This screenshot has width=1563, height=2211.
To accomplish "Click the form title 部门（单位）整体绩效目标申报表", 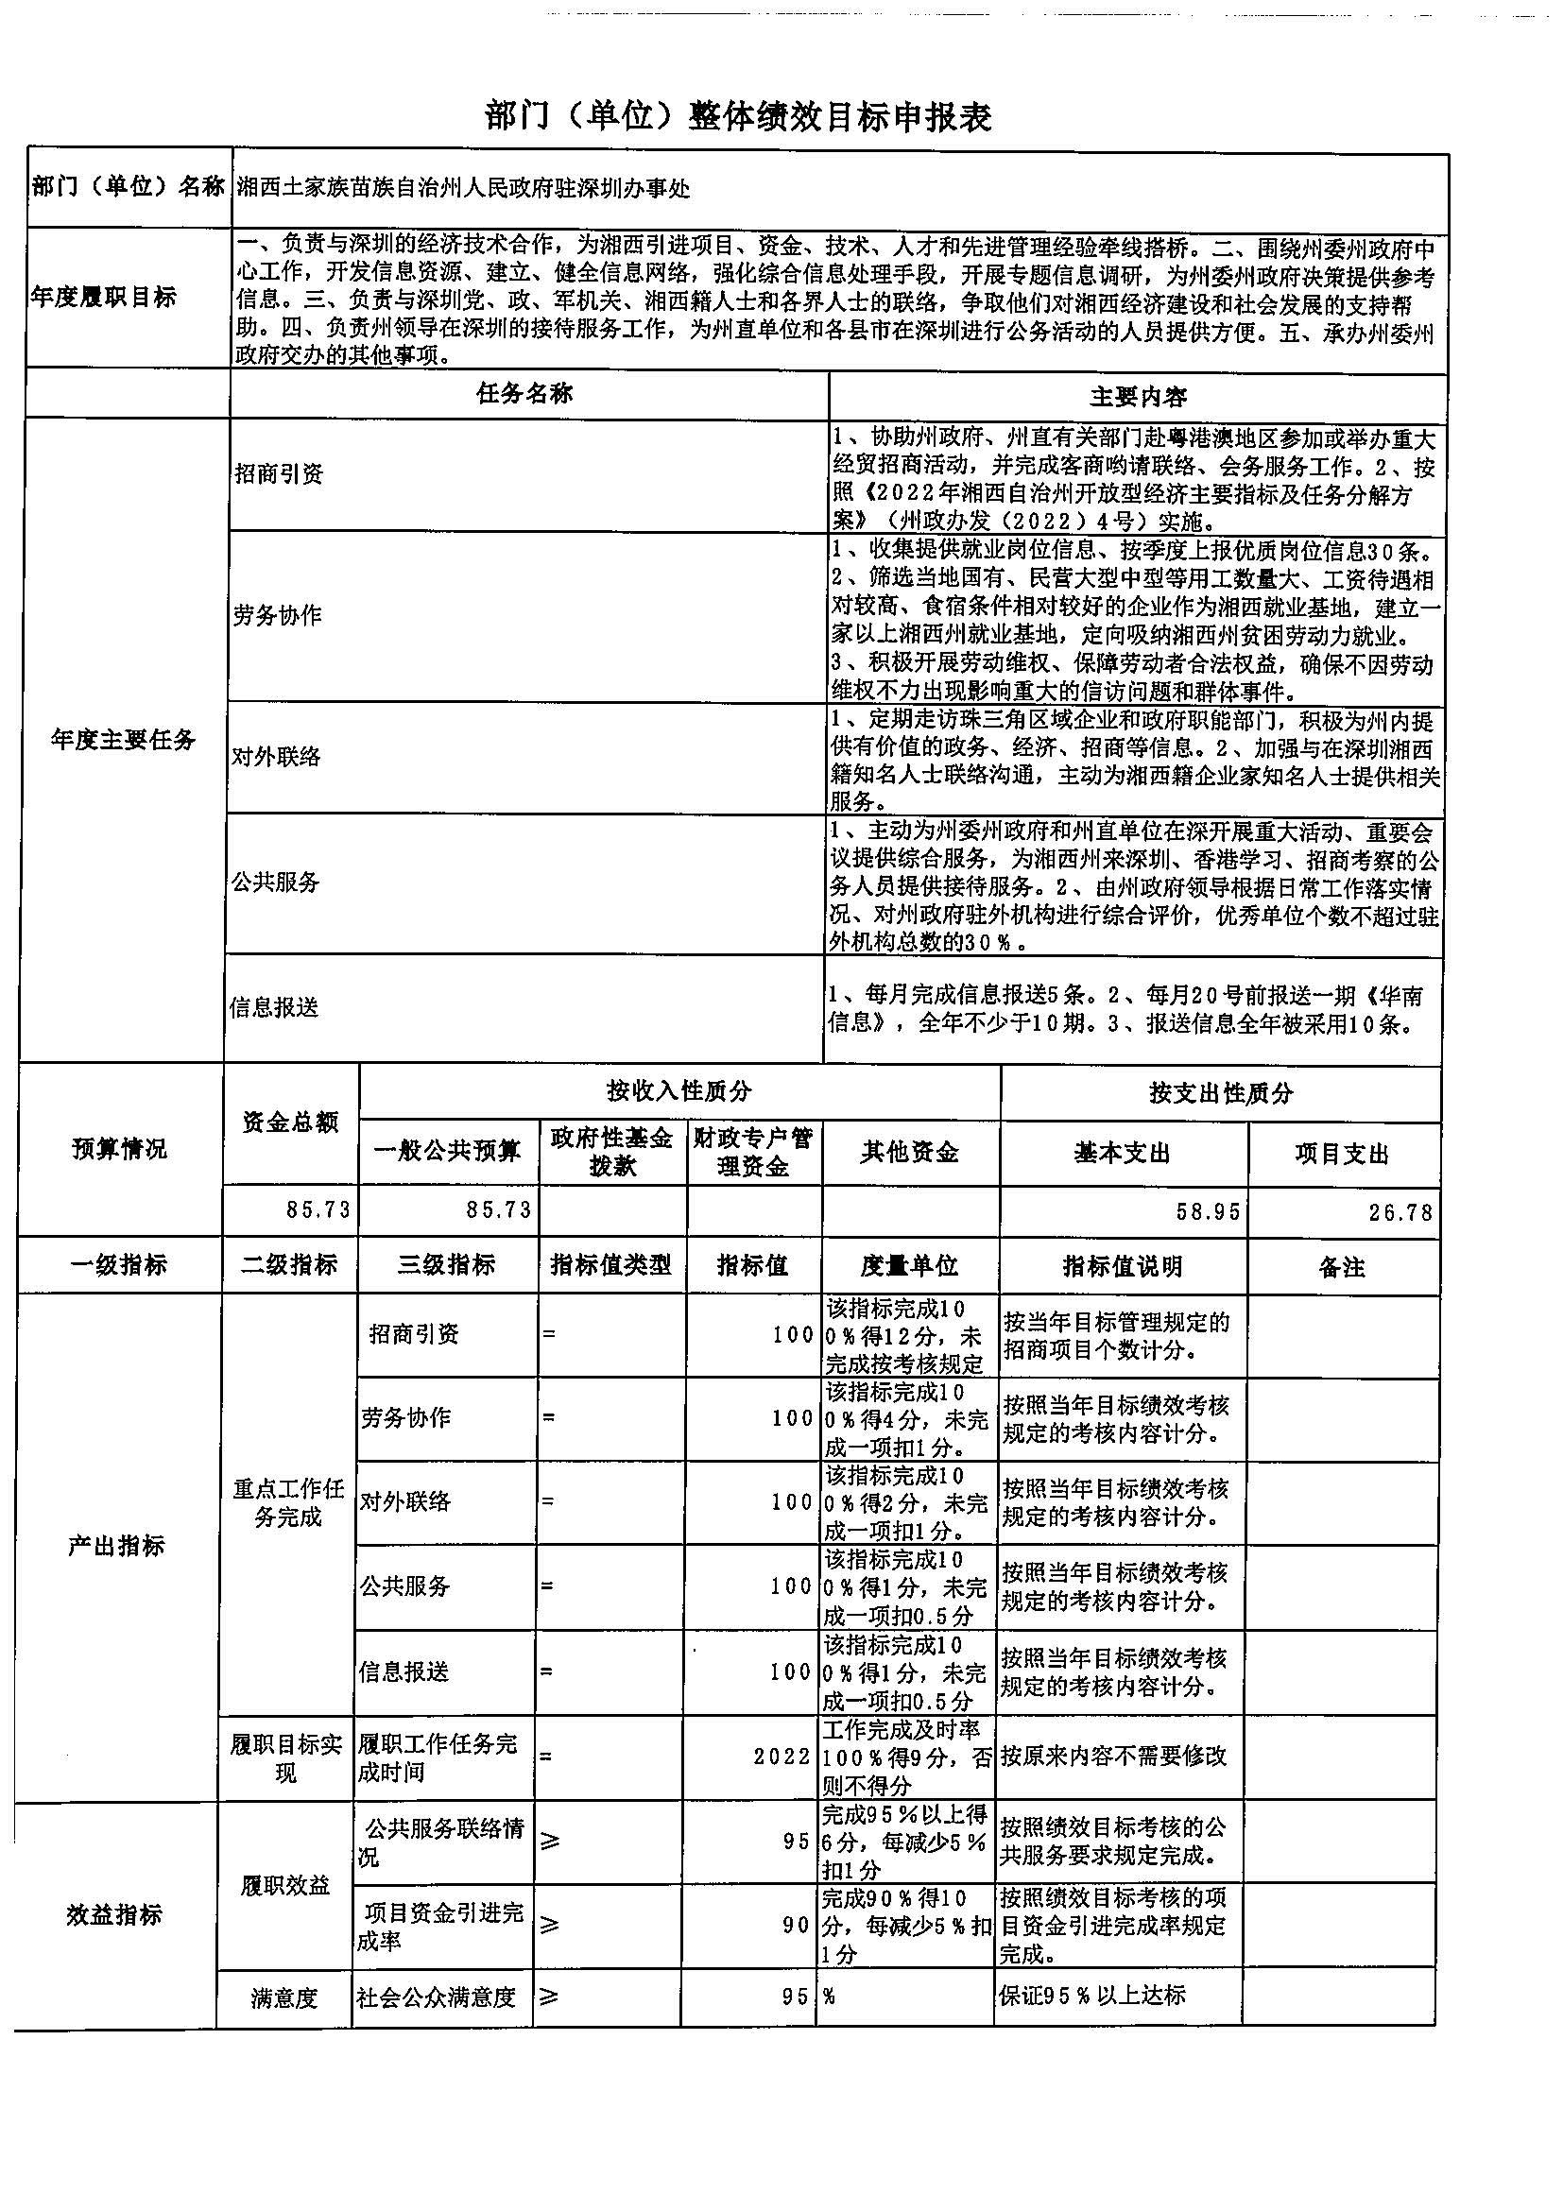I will click(x=739, y=117).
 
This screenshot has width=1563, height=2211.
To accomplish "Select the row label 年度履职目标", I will click(x=102, y=298).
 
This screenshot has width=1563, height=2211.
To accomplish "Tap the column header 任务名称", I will click(x=525, y=394).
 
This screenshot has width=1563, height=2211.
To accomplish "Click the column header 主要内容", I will click(x=1138, y=396).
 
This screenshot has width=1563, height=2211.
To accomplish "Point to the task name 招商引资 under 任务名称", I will click(x=280, y=473).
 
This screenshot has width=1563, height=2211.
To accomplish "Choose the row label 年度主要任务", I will click(x=123, y=740).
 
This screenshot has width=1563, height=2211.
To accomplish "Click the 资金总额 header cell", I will click(x=290, y=1122).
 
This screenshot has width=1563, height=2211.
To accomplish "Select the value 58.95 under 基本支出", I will click(x=1207, y=1211).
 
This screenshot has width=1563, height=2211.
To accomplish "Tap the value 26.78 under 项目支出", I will click(x=1400, y=1212).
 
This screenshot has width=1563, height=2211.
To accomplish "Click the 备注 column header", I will click(x=1342, y=1267).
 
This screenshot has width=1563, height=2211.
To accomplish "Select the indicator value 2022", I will click(x=782, y=1757).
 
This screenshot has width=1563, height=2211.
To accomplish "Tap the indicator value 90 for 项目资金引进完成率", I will click(x=796, y=1925).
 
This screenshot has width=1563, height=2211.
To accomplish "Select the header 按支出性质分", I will click(x=1220, y=1094).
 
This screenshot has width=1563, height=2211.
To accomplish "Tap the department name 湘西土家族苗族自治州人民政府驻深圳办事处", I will click(x=464, y=189).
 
